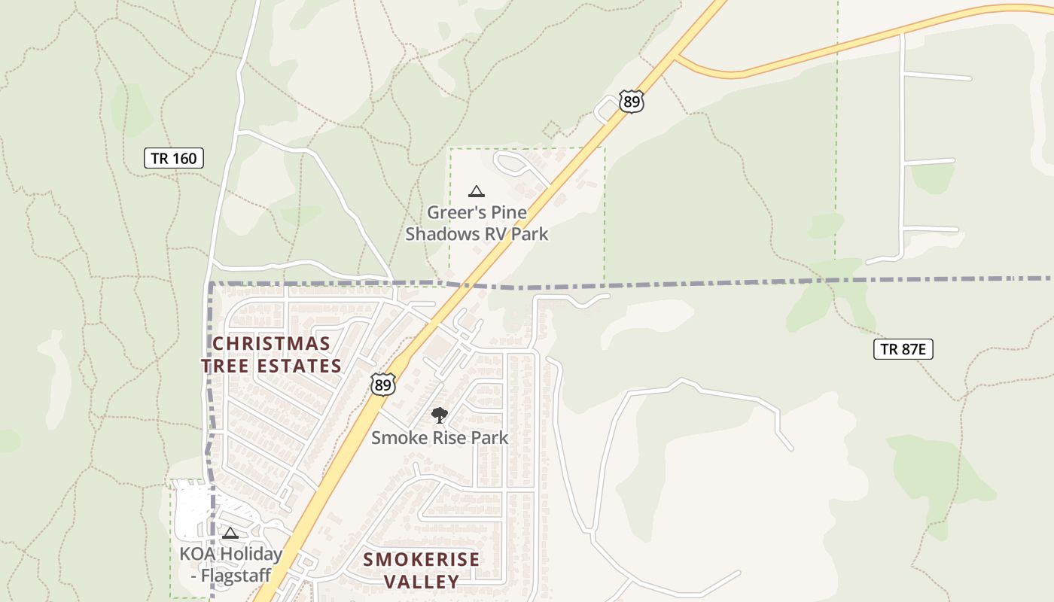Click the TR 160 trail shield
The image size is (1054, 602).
click(x=174, y=158)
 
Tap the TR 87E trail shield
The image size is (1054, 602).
click(x=903, y=348)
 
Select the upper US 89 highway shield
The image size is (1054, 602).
click(x=632, y=102)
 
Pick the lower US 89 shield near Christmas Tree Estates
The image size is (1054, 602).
click(x=382, y=385)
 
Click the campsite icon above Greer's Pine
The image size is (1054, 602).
click(x=476, y=191)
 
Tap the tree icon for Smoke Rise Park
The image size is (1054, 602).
click(x=439, y=415)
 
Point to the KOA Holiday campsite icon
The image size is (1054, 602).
click(x=230, y=533)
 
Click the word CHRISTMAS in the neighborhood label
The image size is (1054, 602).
click(x=271, y=344)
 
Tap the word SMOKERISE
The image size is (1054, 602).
click(x=421, y=559)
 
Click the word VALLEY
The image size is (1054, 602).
click(x=422, y=581)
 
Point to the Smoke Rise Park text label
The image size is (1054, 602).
click(x=440, y=437)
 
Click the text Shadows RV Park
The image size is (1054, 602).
click(x=477, y=234)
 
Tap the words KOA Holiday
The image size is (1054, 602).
click(x=230, y=555)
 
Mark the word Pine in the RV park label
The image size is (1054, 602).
click(x=510, y=212)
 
